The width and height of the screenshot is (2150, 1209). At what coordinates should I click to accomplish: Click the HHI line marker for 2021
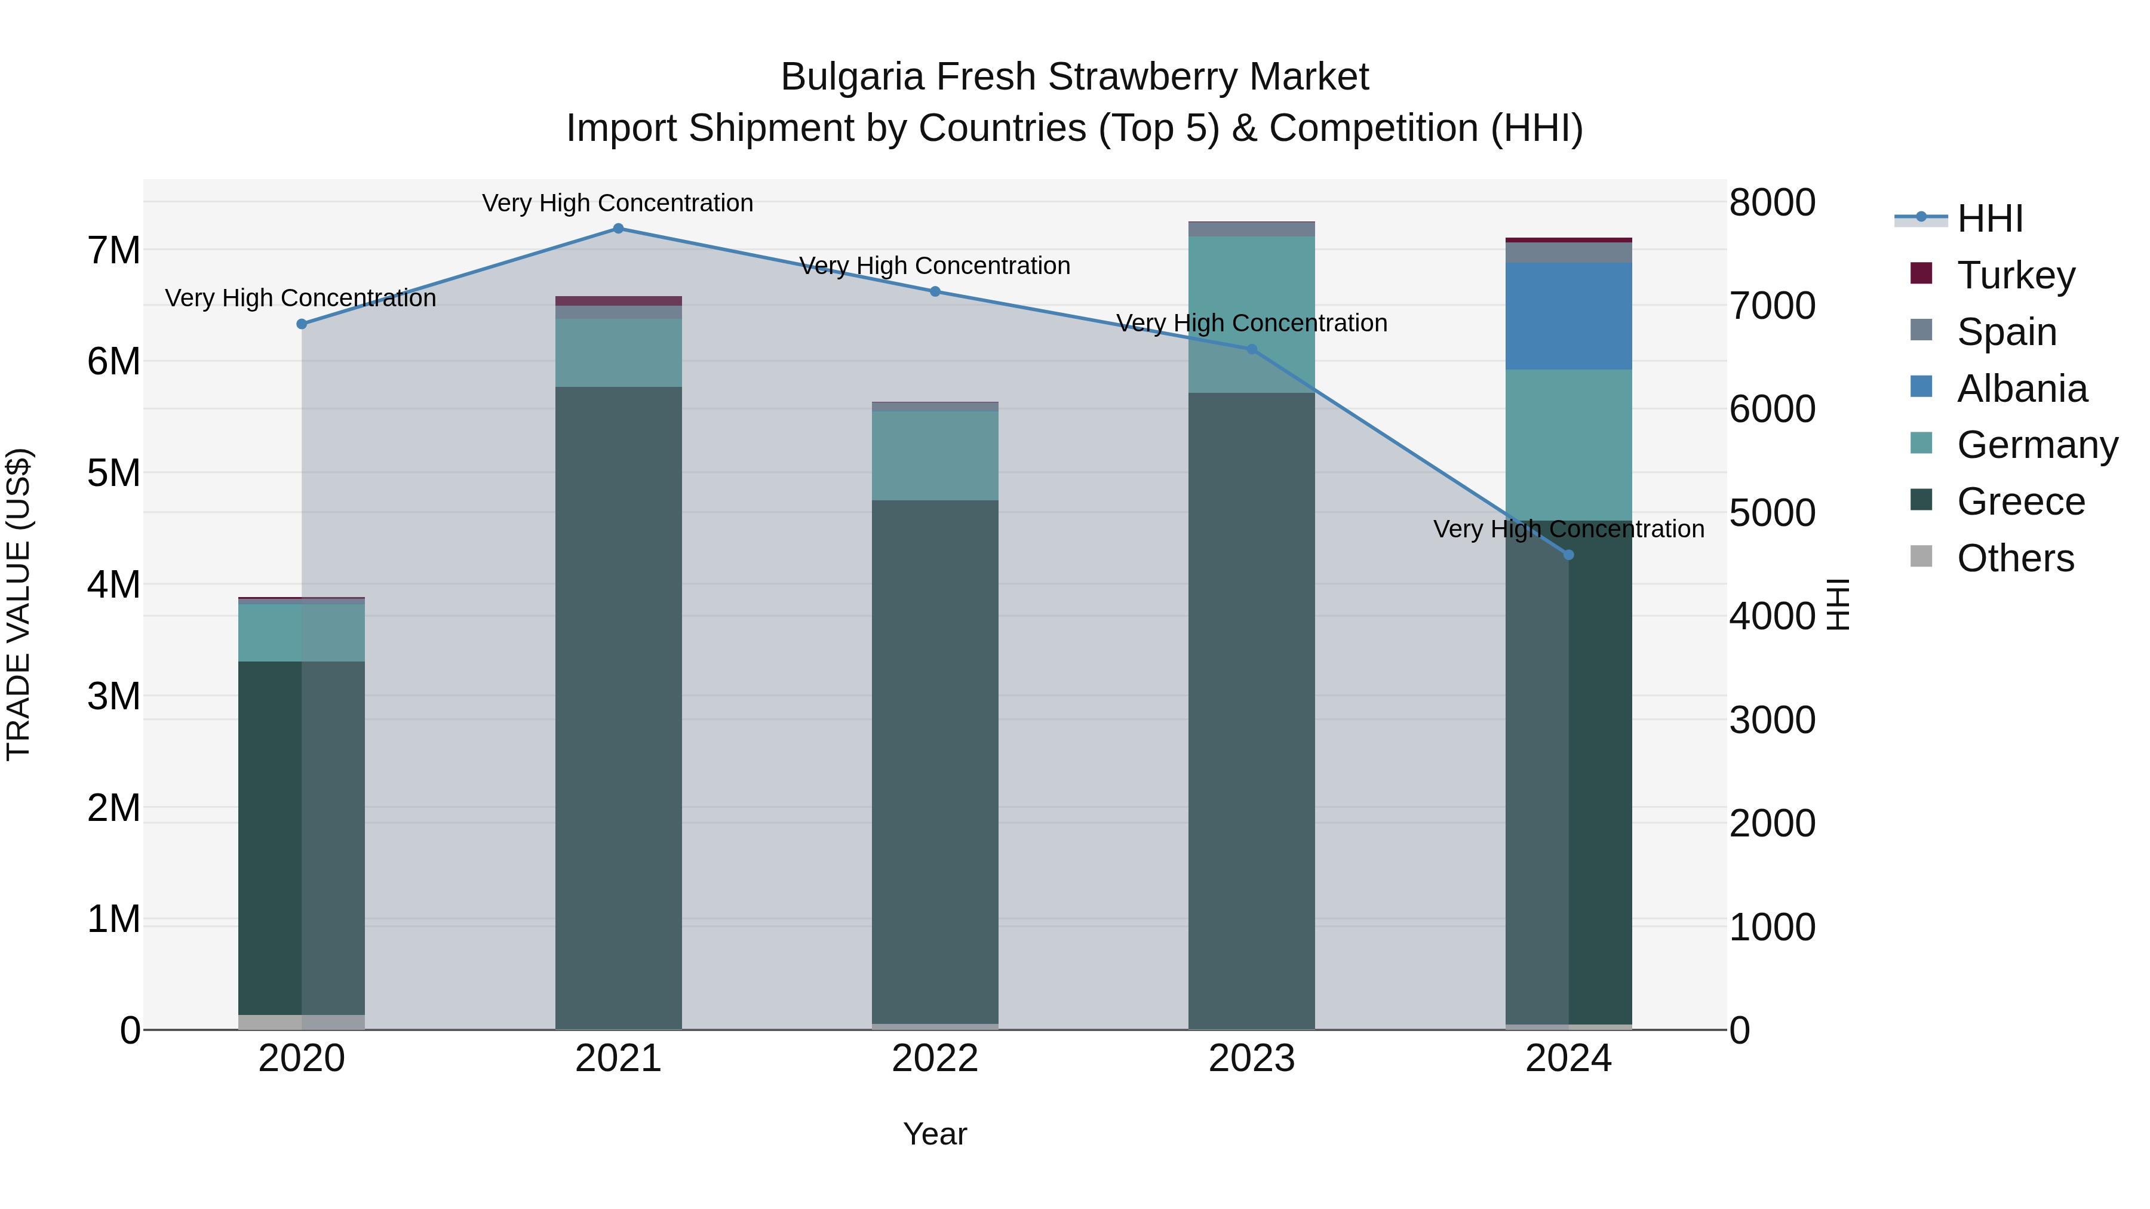[x=618, y=229]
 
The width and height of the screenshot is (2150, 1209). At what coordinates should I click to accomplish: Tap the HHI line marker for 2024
[x=1568, y=555]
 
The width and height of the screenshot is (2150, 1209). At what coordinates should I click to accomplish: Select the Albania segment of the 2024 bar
[x=1568, y=316]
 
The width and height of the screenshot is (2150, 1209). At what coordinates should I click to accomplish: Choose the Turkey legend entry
[x=2016, y=275]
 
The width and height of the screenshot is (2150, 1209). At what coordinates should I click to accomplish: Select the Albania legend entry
[x=2022, y=389]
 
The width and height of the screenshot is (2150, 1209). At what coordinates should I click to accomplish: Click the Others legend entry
[x=2015, y=558]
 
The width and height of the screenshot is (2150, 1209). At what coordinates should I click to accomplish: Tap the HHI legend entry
[x=1990, y=219]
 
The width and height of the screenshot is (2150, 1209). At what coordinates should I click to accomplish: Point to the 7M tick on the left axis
[x=113, y=250]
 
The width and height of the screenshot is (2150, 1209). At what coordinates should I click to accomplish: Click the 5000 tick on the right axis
[x=1772, y=513]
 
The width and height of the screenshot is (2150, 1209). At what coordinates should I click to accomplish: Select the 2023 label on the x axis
[x=1251, y=1059]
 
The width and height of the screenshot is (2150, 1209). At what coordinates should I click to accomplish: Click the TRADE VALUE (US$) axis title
[x=19, y=604]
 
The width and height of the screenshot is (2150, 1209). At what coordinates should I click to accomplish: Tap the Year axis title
[x=935, y=1134]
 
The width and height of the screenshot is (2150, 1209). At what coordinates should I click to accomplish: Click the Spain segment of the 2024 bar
[x=1568, y=252]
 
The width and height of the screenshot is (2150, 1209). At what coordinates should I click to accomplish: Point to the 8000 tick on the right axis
[x=1772, y=203]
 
